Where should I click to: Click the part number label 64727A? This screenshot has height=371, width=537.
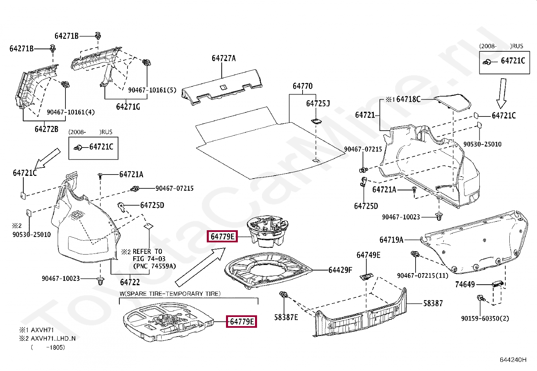[x=224, y=58]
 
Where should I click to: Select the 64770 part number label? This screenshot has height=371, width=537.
[x=302, y=86]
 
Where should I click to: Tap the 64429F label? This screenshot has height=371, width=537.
[x=340, y=270]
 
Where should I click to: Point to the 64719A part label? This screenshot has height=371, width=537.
[x=391, y=240]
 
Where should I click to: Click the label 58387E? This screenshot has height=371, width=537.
[x=286, y=317]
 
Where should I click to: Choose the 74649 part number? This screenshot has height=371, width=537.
[x=465, y=285]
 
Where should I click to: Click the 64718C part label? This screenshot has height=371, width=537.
[x=408, y=99]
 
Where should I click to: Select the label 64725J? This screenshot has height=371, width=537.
[x=318, y=103]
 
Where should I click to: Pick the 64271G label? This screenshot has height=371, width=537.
[x=128, y=107]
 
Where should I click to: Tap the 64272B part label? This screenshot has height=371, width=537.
[x=46, y=129]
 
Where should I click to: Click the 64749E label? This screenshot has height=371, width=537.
[x=368, y=255]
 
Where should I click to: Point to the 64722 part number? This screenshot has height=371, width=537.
[x=130, y=282]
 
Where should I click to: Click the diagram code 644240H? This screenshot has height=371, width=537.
[x=513, y=360]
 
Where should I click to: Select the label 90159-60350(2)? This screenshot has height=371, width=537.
[x=485, y=318]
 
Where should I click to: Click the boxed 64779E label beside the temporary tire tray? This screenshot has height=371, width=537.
[x=242, y=322]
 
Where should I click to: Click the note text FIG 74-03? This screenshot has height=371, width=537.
[x=149, y=259]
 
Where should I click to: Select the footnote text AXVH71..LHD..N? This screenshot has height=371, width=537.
[x=53, y=339]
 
